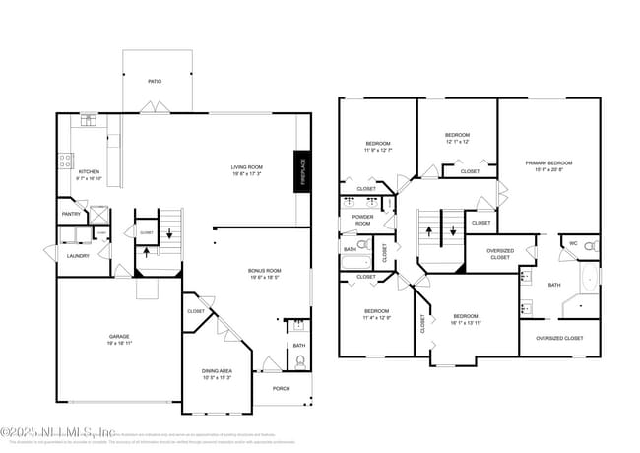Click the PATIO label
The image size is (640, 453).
click(x=155, y=81)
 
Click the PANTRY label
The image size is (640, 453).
click(x=71, y=214)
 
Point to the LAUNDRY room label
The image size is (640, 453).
click(x=78, y=256)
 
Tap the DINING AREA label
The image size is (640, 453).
click(x=218, y=370)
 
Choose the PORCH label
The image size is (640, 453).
click(x=282, y=388)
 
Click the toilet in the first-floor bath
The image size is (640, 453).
click(x=300, y=361)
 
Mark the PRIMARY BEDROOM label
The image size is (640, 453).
click(x=548, y=163)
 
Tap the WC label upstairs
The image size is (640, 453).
click(x=572, y=242)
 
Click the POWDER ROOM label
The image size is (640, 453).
click(x=362, y=220)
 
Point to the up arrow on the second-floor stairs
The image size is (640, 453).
click(x=429, y=232)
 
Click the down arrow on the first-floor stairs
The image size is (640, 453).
click(x=169, y=233)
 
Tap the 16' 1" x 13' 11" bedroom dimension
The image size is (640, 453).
click(x=466, y=322)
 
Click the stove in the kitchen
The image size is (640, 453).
click(x=65, y=160)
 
